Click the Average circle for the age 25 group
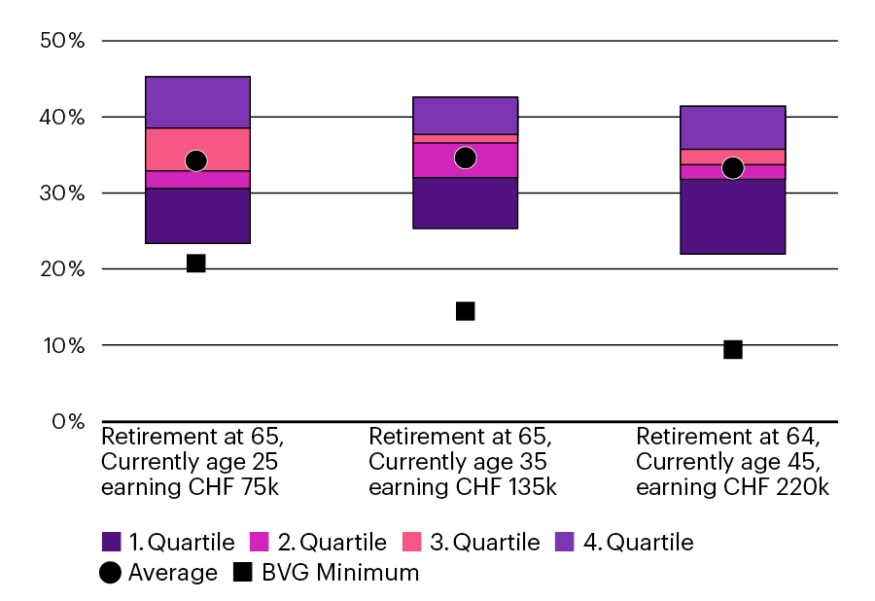click(x=196, y=160)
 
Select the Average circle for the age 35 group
click(x=465, y=158)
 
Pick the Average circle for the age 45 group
click(x=733, y=168)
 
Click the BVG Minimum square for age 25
click(x=196, y=264)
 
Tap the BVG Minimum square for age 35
click(x=465, y=311)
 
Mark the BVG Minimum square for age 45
click(x=733, y=349)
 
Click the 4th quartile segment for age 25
click(x=197, y=102)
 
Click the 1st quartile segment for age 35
click(x=465, y=203)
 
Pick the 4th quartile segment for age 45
click(x=733, y=127)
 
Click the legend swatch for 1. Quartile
click(x=111, y=542)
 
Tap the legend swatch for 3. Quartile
click(x=413, y=542)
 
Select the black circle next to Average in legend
click(x=111, y=573)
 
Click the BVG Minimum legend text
click(x=339, y=573)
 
